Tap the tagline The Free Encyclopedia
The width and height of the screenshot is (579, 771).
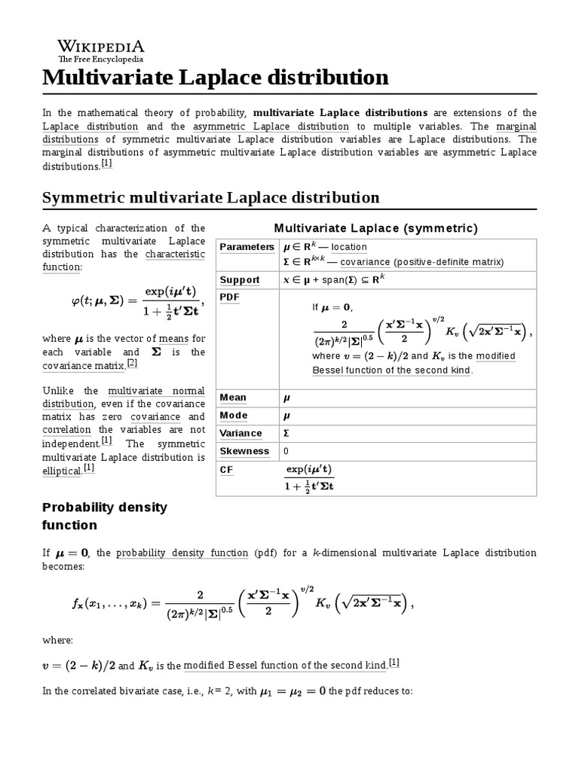[x=101, y=59]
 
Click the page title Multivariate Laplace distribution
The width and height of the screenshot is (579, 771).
[x=216, y=77]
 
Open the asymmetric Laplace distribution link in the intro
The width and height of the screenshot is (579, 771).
[x=271, y=126]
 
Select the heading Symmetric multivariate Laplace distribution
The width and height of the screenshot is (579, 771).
[x=211, y=197]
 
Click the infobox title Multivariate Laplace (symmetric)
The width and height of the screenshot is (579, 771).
[x=375, y=228]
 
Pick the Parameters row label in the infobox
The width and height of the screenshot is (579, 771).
[x=247, y=247]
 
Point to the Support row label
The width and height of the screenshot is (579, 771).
[x=240, y=280]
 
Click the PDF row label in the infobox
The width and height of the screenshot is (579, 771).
[x=228, y=297]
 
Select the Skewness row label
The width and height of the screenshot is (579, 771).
[x=244, y=451]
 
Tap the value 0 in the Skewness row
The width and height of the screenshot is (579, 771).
[x=286, y=452]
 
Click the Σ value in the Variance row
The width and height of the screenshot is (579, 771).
[x=286, y=434]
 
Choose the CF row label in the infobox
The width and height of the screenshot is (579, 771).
[x=226, y=469]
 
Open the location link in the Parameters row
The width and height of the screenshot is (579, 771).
[x=349, y=247]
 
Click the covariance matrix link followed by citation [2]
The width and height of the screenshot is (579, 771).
[x=84, y=365]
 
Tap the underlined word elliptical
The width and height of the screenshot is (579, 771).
[x=62, y=469]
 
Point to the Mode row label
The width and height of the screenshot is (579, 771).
[x=233, y=416]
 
